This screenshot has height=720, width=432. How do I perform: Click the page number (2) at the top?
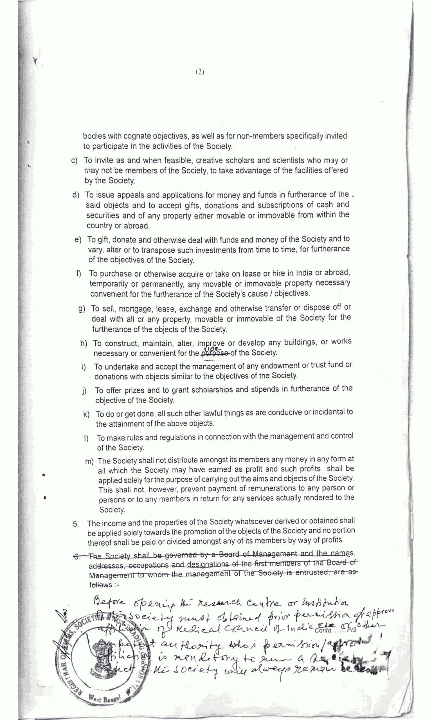(200, 72)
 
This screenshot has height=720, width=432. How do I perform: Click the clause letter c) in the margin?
(74, 161)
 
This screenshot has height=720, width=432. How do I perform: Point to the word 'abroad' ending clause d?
(136, 226)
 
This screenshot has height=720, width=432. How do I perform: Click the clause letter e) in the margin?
(78, 240)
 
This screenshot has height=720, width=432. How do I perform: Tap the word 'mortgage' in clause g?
(134, 309)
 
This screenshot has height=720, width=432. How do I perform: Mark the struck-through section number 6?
(76, 556)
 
